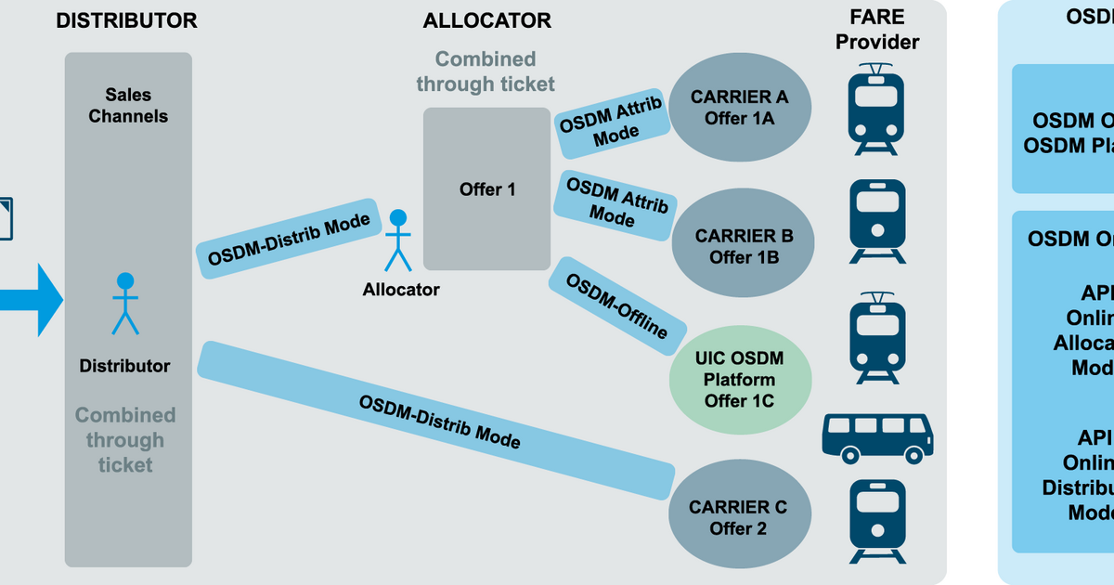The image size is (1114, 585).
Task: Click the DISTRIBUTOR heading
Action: tap(126, 20)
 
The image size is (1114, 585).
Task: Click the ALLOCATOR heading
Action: tap(486, 20)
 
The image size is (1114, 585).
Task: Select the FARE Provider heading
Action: tap(877, 31)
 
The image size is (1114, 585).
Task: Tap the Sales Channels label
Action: tap(128, 105)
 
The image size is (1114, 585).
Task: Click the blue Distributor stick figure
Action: tap(125, 303)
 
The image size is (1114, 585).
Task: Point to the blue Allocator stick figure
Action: tap(398, 240)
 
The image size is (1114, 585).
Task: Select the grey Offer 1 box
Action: tap(487, 188)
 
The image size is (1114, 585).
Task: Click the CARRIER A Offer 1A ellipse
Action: tap(739, 107)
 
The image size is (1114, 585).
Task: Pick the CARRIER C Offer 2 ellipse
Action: tap(737, 518)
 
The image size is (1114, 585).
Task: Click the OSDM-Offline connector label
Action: tap(617, 305)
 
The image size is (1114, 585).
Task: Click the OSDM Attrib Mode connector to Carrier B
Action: tap(616, 201)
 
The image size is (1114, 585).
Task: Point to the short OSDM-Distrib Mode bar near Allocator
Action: tap(289, 239)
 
